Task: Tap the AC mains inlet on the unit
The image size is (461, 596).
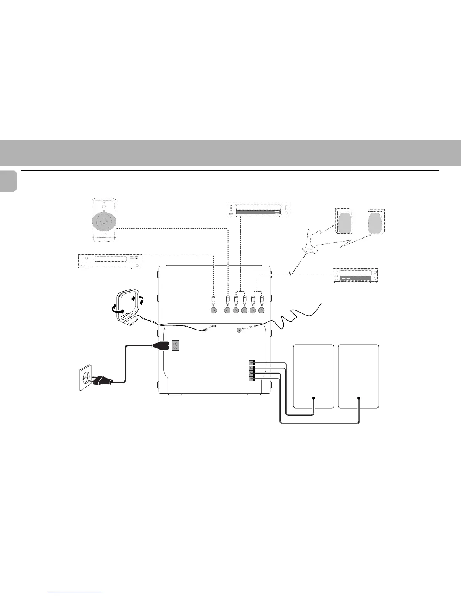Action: pos(175,345)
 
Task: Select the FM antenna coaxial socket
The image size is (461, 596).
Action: pos(239,330)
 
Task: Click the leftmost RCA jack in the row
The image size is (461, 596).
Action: pos(214,311)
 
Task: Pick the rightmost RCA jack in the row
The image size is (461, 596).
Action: pos(261,311)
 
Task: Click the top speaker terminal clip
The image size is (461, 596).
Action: pos(251,363)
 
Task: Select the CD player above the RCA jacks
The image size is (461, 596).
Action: pos(259,210)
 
